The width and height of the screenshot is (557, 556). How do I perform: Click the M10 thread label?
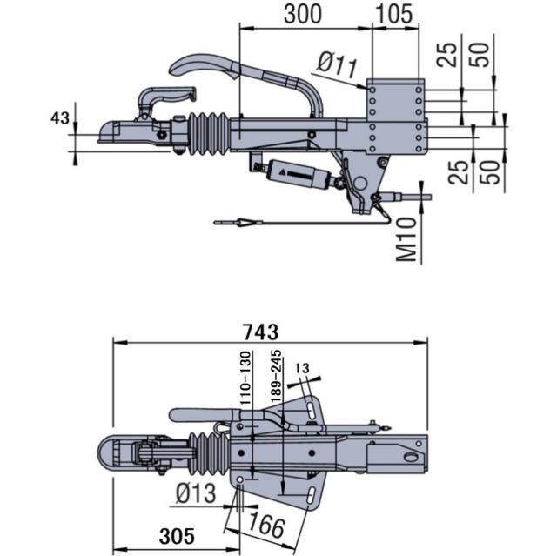[406, 240]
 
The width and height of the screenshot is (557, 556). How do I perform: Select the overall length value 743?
[260, 332]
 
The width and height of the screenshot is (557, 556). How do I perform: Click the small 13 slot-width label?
[302, 368]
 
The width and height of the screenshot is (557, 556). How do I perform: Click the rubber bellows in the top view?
[205, 452]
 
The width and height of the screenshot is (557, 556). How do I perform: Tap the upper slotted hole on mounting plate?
[311, 407]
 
